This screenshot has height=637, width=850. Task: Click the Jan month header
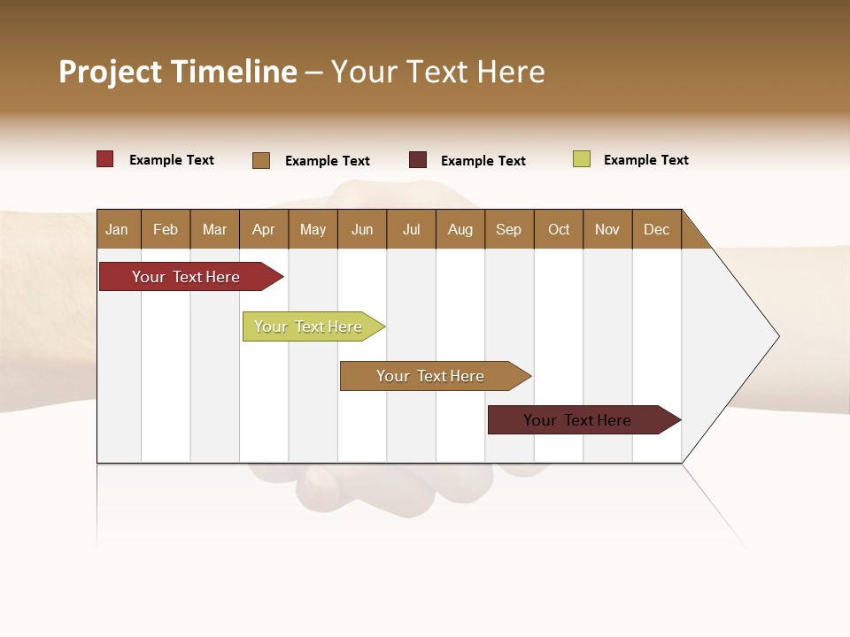(x=117, y=229)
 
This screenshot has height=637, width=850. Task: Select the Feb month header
(x=166, y=229)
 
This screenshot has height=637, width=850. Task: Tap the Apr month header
(x=264, y=229)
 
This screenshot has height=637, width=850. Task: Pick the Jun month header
(x=362, y=229)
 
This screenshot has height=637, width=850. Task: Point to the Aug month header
(x=460, y=229)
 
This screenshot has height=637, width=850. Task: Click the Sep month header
(x=509, y=229)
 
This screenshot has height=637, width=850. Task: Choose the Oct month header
(x=559, y=229)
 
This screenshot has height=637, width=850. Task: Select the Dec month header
(x=657, y=229)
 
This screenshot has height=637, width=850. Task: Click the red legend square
(x=105, y=159)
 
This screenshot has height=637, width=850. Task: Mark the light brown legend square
(x=261, y=160)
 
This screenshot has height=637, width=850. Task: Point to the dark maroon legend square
(x=418, y=160)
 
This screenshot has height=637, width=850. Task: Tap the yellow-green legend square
(x=582, y=159)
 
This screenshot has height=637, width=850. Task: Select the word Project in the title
(x=111, y=72)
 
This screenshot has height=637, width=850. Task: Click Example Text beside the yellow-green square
(x=645, y=160)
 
